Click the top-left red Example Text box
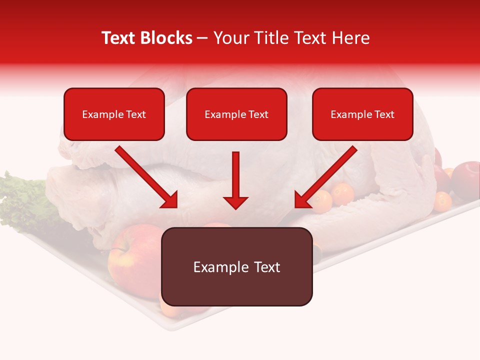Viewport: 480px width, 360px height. pos(114,114)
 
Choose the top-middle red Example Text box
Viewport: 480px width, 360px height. pos(236,114)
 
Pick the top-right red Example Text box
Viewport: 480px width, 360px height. pos(362,114)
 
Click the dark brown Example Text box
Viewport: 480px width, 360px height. pos(237,266)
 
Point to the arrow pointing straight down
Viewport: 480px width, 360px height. pos(235,180)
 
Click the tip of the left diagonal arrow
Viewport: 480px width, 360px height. pos(175,206)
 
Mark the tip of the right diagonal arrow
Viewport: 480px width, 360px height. pos(297,206)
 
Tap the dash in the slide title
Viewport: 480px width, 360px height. pos(202,38)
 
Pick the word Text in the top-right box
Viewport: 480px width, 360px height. pos(384,114)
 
